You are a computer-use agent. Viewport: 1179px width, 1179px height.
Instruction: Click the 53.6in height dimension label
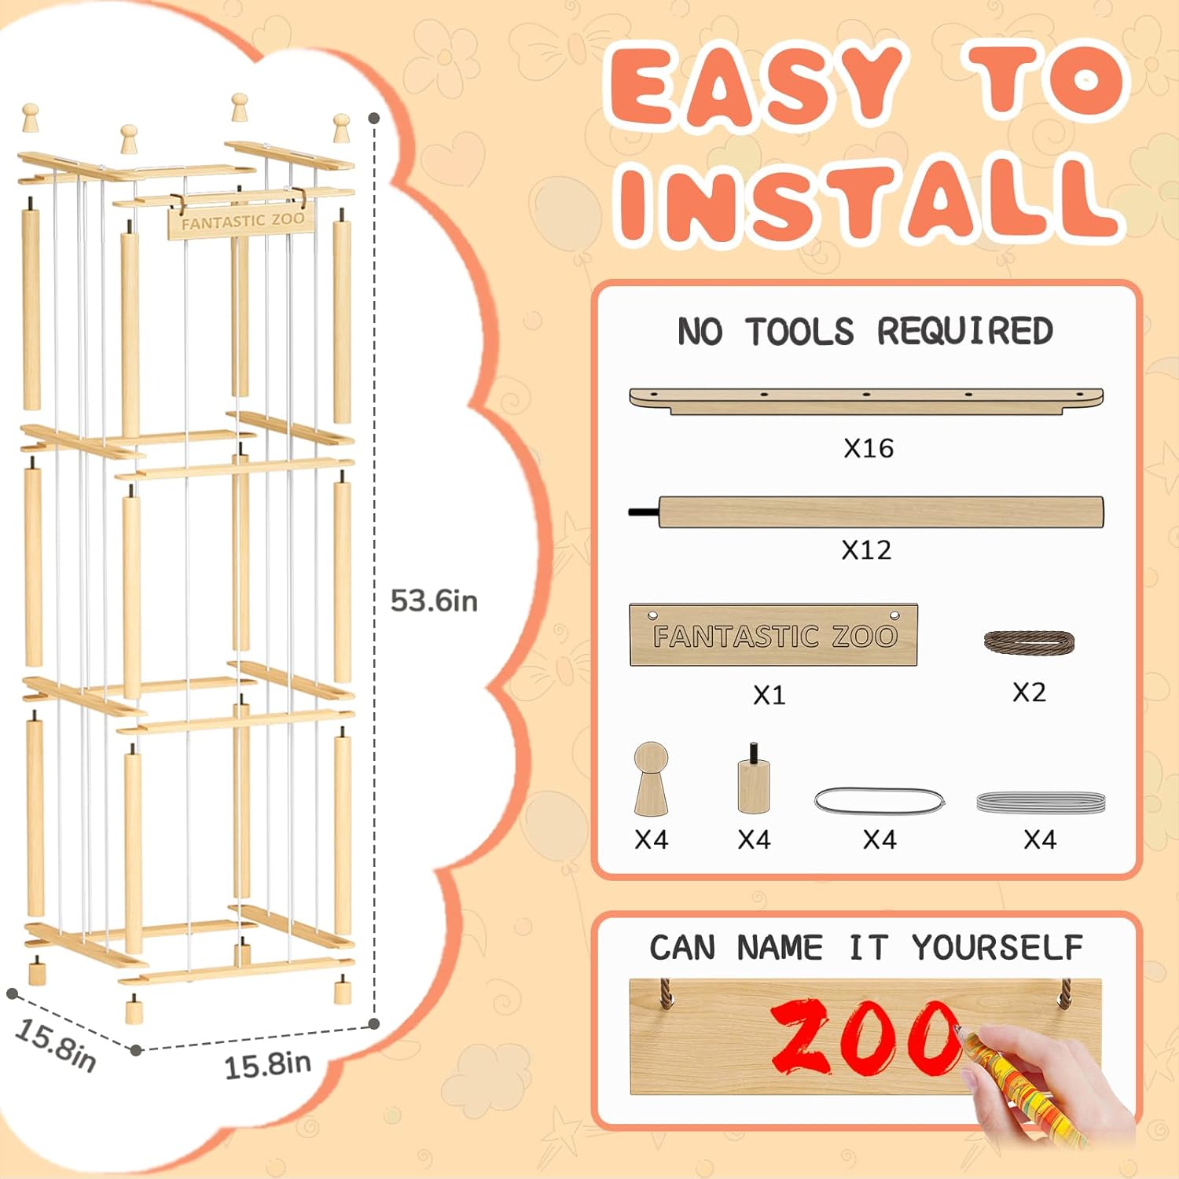[434, 601]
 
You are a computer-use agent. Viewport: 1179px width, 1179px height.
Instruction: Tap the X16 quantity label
[869, 448]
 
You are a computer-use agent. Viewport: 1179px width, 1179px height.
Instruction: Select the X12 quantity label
[866, 549]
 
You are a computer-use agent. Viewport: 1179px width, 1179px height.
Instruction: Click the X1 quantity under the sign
[769, 695]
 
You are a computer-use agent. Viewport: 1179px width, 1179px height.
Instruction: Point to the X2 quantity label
[1029, 692]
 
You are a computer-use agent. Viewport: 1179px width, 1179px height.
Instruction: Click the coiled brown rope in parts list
[1029, 642]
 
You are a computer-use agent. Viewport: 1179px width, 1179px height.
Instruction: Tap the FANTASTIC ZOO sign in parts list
[773, 635]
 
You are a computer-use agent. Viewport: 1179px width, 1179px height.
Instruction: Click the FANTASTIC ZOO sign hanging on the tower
[241, 221]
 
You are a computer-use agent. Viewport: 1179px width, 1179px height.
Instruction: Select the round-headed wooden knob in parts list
[651, 778]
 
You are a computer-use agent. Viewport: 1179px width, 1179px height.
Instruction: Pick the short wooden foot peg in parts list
[754, 780]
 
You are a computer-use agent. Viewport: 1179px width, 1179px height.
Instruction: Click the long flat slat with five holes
[866, 400]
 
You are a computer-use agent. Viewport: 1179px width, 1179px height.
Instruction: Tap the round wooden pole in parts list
[866, 512]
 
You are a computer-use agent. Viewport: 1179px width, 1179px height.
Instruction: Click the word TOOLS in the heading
[799, 332]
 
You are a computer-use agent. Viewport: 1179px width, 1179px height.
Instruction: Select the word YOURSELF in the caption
[997, 948]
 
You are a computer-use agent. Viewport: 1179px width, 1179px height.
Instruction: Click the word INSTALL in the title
[869, 200]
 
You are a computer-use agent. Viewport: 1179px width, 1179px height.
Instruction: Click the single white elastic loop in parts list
[880, 801]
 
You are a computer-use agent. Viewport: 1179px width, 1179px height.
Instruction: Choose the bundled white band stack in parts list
[1041, 803]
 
